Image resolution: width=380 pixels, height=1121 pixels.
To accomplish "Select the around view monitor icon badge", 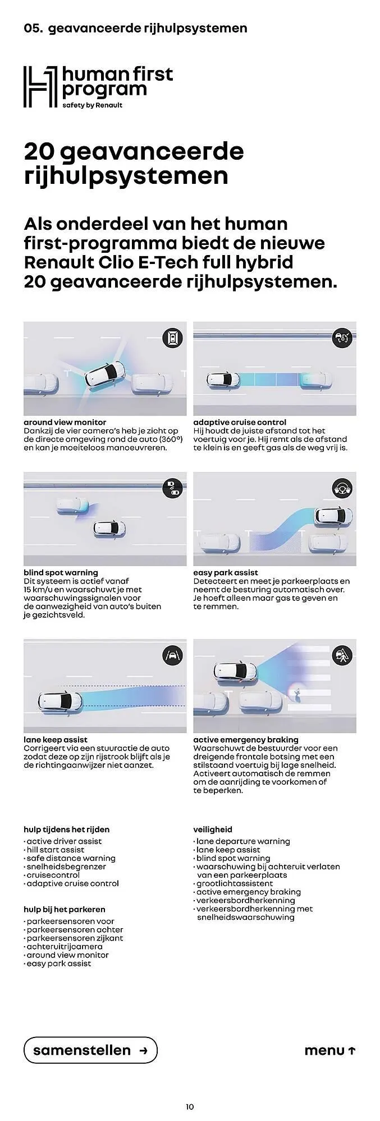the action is pos(173,337).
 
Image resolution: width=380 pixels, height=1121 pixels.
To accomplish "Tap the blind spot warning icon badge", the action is pos(173,488).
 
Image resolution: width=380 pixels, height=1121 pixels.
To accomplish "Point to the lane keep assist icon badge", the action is pos(173,655).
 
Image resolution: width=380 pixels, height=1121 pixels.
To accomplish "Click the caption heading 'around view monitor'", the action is pos(65,422).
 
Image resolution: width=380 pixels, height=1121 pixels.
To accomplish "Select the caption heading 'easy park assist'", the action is pos(226,572).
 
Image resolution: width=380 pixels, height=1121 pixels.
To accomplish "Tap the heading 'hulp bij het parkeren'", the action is pos(65,909).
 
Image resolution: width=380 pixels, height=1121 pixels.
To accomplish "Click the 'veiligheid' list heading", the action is pos(213,830).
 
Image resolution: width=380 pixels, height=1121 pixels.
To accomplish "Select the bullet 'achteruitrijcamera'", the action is pos(63,947).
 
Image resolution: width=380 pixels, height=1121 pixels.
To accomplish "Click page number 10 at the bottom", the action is pos(190,1106).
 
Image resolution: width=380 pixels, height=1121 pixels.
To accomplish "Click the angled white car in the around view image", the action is pos(105,376).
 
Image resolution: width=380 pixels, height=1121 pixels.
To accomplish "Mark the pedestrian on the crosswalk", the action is pos(296,692).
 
